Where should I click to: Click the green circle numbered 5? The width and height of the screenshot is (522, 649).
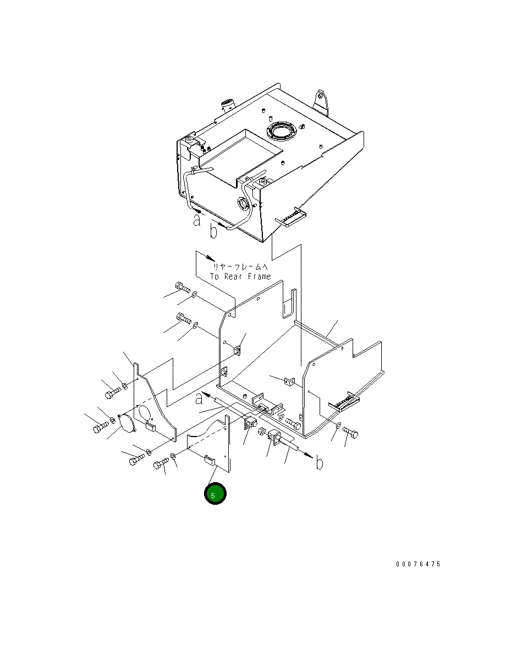(215, 493)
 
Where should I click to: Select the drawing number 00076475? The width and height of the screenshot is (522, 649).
(418, 564)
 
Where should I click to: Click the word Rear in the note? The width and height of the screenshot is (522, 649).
(233, 276)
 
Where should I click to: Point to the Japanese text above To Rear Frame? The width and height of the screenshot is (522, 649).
(240, 267)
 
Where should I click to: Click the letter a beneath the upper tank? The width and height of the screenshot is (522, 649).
(197, 219)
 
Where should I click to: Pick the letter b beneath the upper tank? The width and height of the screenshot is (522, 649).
(213, 231)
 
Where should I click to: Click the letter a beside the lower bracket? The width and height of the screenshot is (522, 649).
(199, 398)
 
